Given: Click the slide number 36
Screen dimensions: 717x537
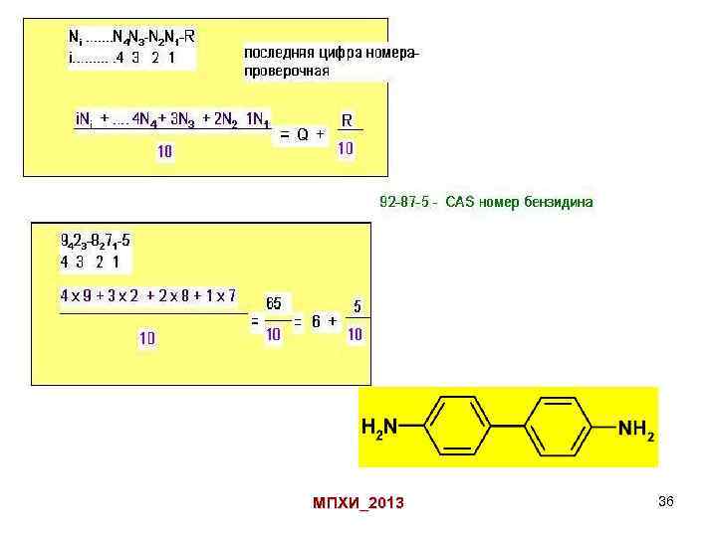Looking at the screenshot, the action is [666, 501].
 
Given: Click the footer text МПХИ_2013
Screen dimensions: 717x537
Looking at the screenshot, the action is [358, 503].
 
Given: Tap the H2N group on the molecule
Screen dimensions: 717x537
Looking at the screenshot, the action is [380, 428].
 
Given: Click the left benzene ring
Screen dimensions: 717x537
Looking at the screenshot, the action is [465, 427].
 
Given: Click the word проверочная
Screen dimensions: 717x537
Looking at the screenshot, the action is [287, 71].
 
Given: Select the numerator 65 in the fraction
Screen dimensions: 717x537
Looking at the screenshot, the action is [273, 304].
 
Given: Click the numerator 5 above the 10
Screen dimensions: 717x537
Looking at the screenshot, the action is [357, 307].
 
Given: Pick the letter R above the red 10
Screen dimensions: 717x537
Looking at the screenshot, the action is [347, 120].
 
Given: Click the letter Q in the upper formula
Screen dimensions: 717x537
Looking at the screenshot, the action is [302, 133].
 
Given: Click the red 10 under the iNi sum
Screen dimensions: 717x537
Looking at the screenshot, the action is [164, 151].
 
